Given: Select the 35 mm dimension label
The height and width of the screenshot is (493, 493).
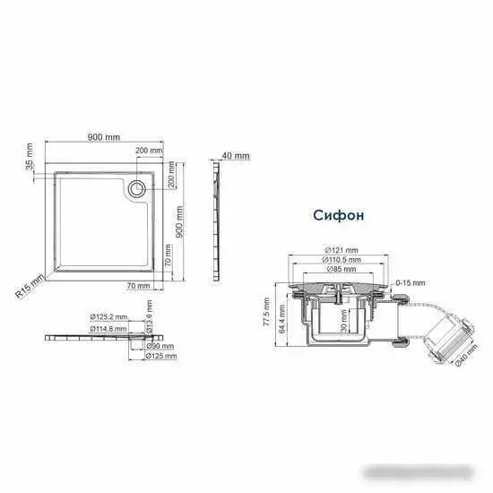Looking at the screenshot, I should [29, 157].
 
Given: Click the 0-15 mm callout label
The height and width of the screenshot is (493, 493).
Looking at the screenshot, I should [404, 282].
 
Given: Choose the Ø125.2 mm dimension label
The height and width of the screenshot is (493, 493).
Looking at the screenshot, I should [108, 316].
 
